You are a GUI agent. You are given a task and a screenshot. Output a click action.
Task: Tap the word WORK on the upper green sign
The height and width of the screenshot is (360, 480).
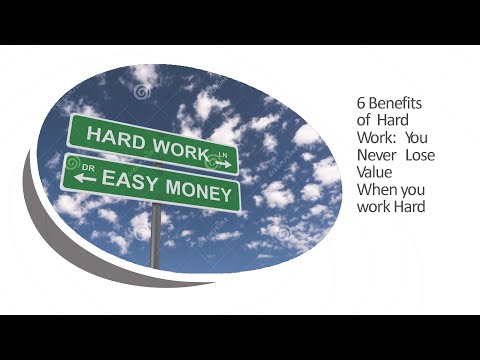(176, 146)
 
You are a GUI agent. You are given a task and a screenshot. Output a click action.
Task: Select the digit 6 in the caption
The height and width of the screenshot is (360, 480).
(361, 103)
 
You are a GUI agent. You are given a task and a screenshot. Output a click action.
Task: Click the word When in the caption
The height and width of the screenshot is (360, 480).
(375, 190)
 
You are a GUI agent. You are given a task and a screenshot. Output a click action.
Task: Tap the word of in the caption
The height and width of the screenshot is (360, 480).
(363, 120)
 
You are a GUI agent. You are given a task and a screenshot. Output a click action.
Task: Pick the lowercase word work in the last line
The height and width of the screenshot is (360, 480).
(374, 207)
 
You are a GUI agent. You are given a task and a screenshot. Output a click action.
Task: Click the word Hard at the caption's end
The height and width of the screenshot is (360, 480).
(410, 207)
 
